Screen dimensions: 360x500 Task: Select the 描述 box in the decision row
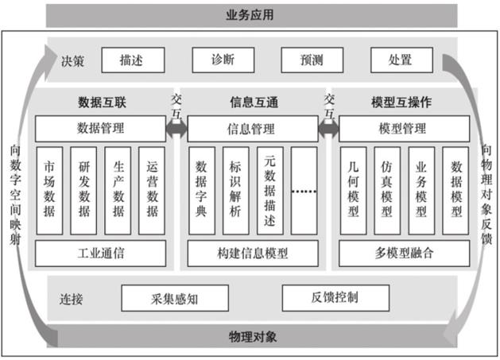[133, 60]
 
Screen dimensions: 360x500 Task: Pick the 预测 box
[311, 60]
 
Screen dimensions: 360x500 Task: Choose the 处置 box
[401, 60]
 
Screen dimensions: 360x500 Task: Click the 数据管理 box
[99, 128]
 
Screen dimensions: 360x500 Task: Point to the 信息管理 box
[251, 128]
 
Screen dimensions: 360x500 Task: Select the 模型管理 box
[404, 128]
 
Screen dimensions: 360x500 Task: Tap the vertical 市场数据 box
[49, 191]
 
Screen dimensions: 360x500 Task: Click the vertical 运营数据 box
[152, 191]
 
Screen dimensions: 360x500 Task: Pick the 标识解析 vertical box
[235, 191]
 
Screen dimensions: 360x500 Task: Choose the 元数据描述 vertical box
[269, 191]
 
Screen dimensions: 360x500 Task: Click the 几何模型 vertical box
[353, 191]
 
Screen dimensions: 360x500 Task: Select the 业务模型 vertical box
[421, 191]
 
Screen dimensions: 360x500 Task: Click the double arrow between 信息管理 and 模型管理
[328, 128]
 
